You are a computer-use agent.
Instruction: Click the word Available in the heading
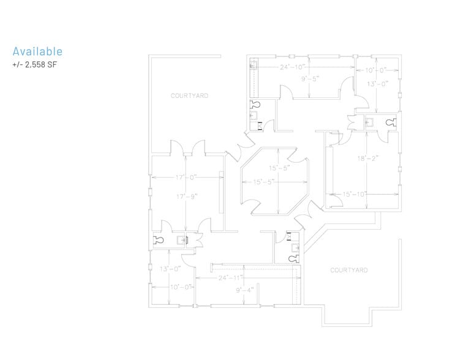tap(37, 51)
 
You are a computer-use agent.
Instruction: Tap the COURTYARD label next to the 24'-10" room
tap(189, 96)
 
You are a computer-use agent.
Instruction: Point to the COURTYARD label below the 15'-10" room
tap(349, 270)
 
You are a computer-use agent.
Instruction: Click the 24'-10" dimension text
tap(293, 67)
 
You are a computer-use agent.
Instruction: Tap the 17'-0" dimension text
tap(184, 178)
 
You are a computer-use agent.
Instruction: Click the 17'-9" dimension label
tap(184, 196)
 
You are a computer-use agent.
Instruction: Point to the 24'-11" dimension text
tap(231, 277)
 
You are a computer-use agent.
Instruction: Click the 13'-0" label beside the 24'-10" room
tap(377, 84)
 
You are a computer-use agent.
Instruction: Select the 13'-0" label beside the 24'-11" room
tap(170, 269)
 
